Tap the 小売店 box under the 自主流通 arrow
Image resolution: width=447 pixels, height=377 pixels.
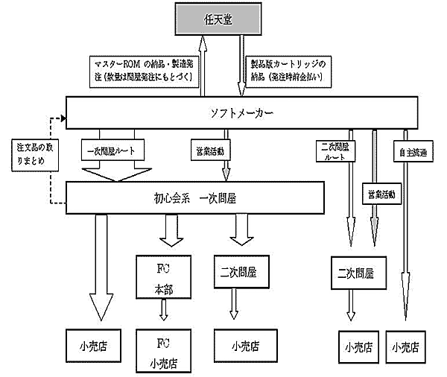[407, 346]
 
